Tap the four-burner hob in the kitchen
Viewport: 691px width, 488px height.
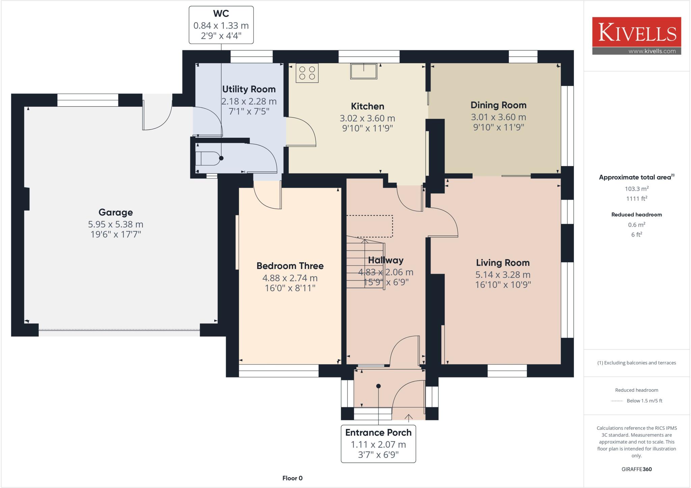(x=307, y=73)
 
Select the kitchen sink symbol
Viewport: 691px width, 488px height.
(x=363, y=71)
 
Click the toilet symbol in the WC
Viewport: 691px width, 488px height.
(x=207, y=158)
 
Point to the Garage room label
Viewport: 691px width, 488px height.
(x=115, y=212)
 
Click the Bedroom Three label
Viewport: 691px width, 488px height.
(x=290, y=266)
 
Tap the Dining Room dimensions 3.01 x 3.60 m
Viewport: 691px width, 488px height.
(x=498, y=117)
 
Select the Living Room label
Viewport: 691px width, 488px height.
(x=502, y=263)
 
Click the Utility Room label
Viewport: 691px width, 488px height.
(x=249, y=89)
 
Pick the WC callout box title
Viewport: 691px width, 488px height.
(x=221, y=14)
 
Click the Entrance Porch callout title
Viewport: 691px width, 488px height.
(x=378, y=433)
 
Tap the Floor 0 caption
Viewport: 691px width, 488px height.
(x=292, y=478)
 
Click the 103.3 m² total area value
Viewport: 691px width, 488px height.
(x=636, y=189)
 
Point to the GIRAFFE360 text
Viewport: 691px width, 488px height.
(x=636, y=469)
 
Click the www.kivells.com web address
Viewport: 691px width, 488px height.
(x=652, y=51)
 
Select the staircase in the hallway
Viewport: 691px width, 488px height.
(x=365, y=263)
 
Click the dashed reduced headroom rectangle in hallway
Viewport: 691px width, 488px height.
(x=370, y=226)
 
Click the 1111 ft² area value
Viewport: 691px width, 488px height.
(x=636, y=198)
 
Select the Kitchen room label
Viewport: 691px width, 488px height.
(x=367, y=106)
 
